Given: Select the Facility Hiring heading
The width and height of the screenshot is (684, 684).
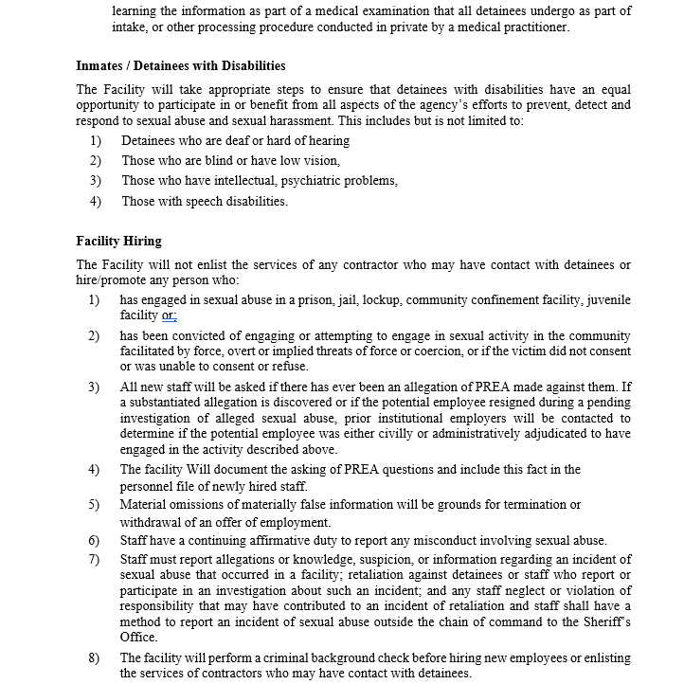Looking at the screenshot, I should click(x=118, y=242).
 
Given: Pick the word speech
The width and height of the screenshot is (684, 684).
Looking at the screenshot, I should click(x=201, y=201).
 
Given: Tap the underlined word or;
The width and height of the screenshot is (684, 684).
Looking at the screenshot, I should click(x=169, y=315).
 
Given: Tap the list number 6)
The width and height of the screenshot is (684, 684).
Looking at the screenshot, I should click(x=94, y=541).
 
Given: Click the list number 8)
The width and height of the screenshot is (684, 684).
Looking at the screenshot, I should click(x=94, y=658).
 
